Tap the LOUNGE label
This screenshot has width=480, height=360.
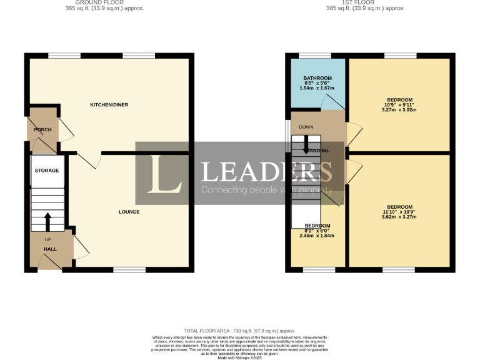129,212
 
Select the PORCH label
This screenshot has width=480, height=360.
42,130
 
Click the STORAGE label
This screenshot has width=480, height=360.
47,171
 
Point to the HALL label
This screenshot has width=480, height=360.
50,249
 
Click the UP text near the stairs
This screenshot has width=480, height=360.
47,239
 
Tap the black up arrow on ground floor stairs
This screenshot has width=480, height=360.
47,221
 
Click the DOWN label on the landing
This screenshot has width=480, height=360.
306,127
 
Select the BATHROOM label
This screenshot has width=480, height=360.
317,77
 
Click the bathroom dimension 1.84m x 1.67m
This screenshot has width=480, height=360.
317,89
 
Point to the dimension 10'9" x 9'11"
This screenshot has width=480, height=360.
399,105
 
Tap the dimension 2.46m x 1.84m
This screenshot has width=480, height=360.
317,236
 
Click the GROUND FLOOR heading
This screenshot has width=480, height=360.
104,2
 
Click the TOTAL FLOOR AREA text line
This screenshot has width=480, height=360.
239,331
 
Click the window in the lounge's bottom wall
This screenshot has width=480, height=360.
129,270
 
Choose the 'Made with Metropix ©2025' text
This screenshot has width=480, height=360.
239,357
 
